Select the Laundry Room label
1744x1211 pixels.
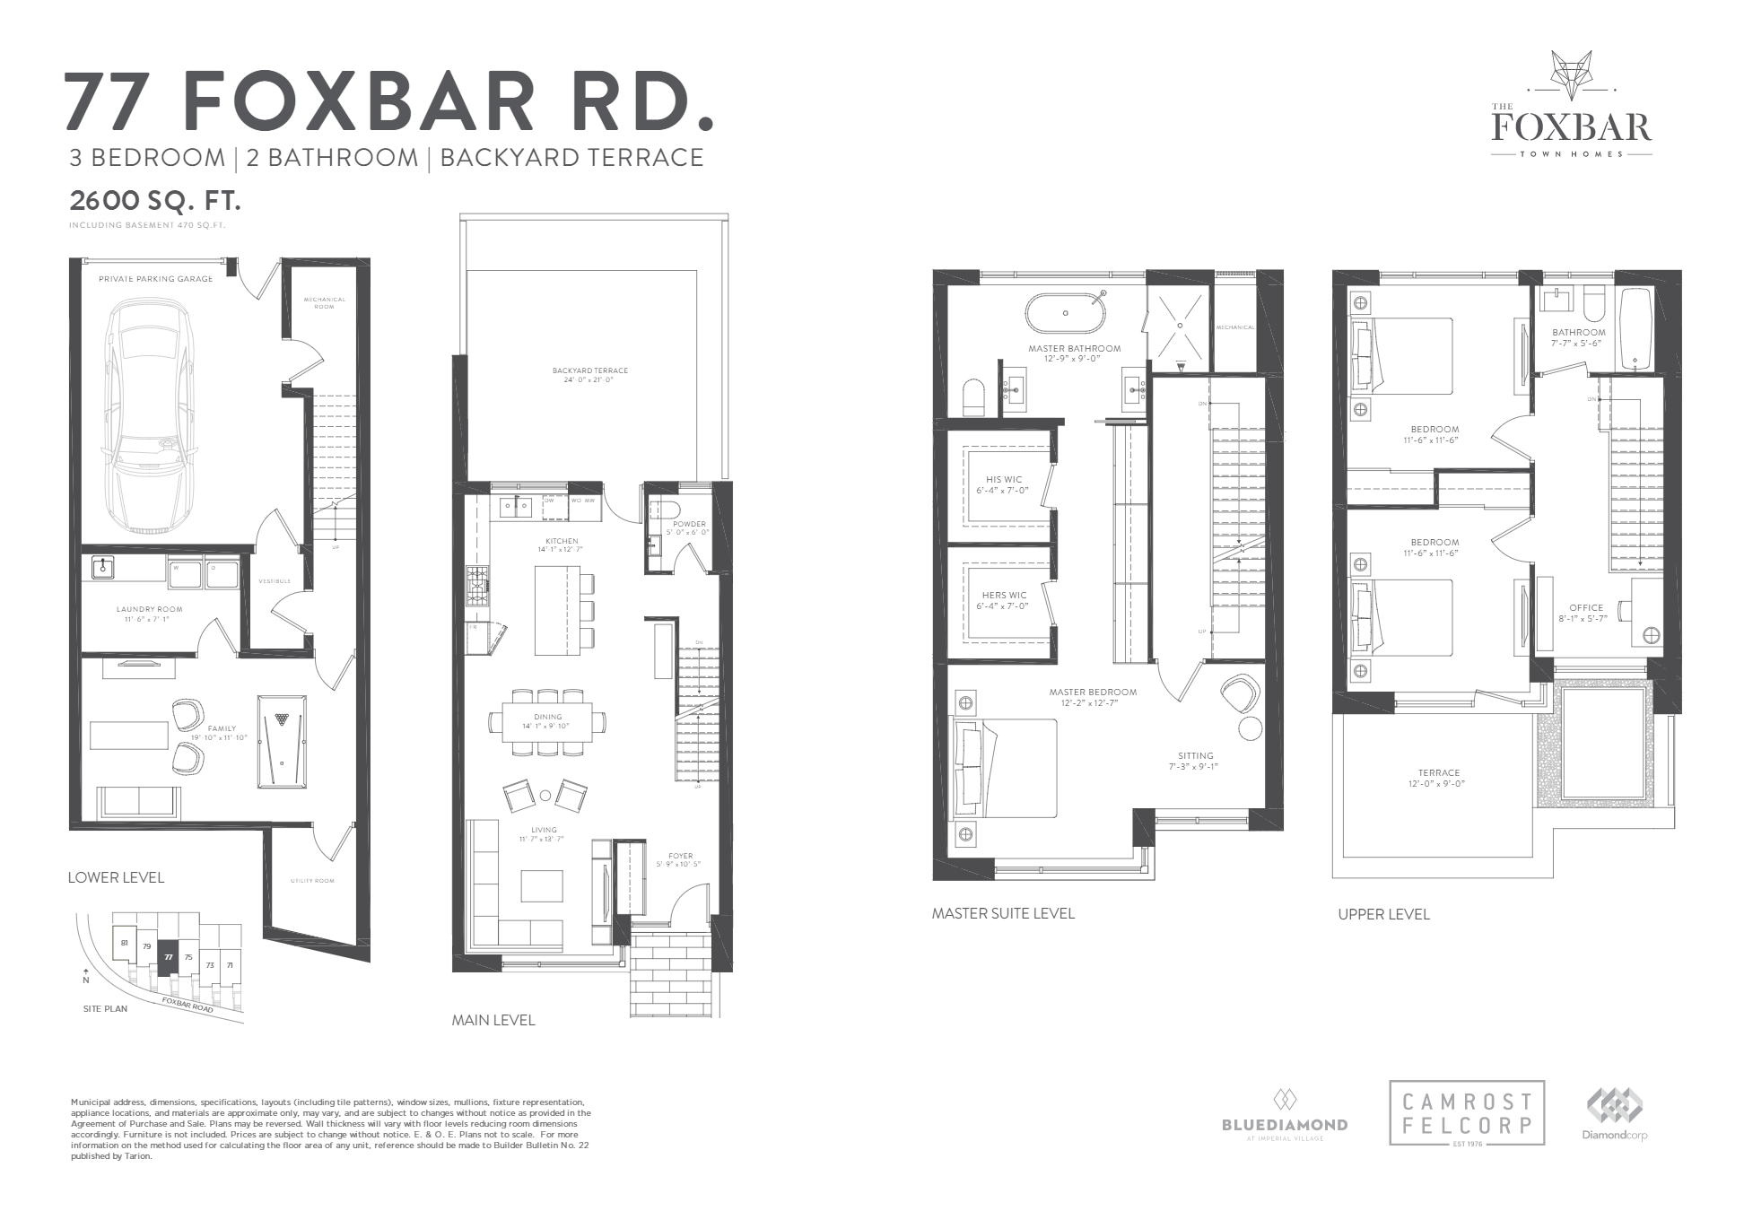143,610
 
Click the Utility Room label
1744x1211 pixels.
312,881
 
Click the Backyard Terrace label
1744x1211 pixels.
589,370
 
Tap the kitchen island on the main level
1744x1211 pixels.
557,610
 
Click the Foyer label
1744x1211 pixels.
681,856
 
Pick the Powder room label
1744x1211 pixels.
689,524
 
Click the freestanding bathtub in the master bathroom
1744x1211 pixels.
1066,314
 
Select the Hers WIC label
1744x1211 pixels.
1004,595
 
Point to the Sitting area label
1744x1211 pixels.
1195,755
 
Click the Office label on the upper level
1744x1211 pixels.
1585,607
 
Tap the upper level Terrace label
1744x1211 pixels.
1438,772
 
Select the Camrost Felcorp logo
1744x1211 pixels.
1467,1112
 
